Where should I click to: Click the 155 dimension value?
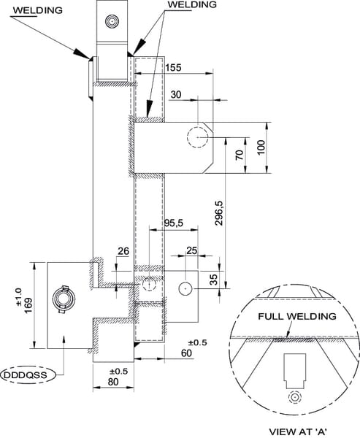173,68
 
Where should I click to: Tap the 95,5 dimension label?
173,223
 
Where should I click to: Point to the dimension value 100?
261,147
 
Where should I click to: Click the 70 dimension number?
240,155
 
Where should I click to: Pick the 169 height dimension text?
28,306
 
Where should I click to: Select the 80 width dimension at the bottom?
113,382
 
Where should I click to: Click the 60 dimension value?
186,353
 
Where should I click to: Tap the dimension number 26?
123,251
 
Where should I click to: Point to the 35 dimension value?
213,280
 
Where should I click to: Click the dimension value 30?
176,95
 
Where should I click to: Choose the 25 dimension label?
192,250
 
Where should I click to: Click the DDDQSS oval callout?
28,375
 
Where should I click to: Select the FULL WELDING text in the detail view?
297,317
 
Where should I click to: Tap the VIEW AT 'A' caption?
298,431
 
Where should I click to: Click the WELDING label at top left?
38,10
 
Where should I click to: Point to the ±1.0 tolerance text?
18,296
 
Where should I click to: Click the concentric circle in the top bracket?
112,21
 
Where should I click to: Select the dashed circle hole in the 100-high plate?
198,137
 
